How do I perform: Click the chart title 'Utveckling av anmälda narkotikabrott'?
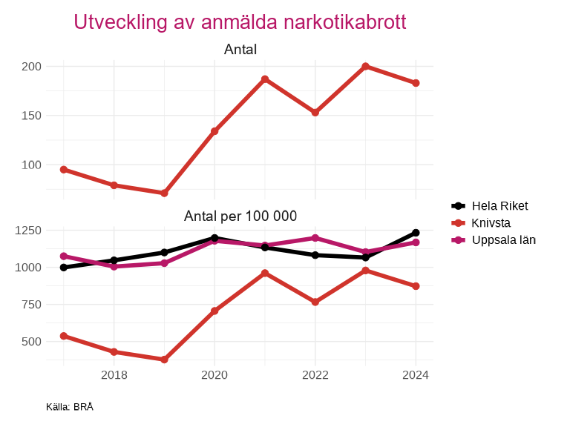coord(240,22)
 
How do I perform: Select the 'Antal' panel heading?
coord(240,50)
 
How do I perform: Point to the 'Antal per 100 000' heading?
coord(240,216)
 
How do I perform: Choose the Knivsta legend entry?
coord(491,223)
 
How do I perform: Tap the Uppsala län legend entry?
coord(503,240)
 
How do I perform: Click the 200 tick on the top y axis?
coord(31,67)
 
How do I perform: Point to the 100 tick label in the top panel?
coord(31,165)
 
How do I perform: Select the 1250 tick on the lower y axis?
coord(27,231)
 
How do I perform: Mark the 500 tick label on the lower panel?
coord(31,342)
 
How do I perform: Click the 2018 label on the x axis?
coord(114,375)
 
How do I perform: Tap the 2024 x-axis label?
coord(416,375)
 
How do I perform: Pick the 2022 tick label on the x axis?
coord(315,375)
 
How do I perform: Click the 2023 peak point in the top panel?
coord(366,66)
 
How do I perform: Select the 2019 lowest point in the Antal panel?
coord(164,193)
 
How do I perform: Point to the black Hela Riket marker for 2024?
coord(416,233)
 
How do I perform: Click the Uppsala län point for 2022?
coord(315,238)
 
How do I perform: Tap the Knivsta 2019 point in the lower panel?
coord(164,360)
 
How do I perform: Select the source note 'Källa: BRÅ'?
coord(70,407)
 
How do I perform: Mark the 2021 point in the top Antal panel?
coord(265,79)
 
